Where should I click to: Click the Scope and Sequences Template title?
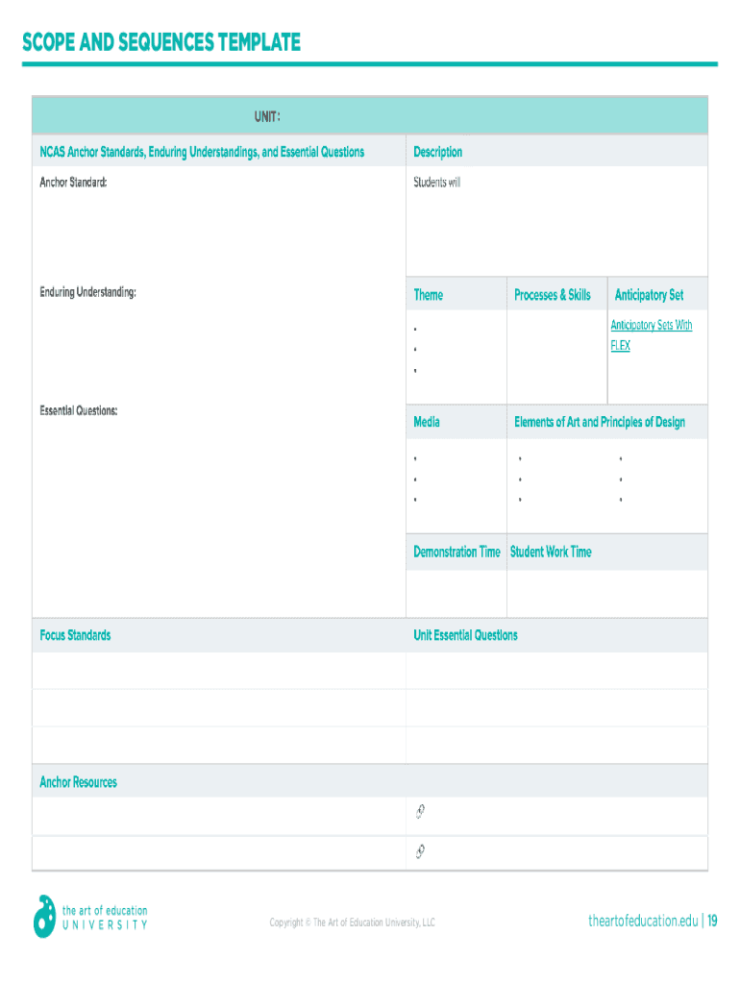point(161,43)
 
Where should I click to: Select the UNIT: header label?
point(267,116)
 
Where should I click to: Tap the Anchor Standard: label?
point(73,181)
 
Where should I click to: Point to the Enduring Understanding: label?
point(87,291)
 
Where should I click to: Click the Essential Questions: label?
point(79,410)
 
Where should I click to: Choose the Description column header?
point(437,152)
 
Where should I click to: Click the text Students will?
point(436,182)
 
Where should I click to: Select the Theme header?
point(429,295)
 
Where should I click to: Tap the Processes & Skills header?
point(553,295)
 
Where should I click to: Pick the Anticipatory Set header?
point(649,295)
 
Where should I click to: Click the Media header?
point(427,422)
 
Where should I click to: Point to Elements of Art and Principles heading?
point(600,422)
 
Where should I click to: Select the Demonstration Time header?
point(456,552)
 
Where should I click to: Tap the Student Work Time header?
point(551,552)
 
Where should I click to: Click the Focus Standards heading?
point(75,635)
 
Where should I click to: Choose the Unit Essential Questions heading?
point(465,635)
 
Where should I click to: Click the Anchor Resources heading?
point(78,782)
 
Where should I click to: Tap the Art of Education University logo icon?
point(44,916)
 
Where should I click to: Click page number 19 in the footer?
point(712,922)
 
